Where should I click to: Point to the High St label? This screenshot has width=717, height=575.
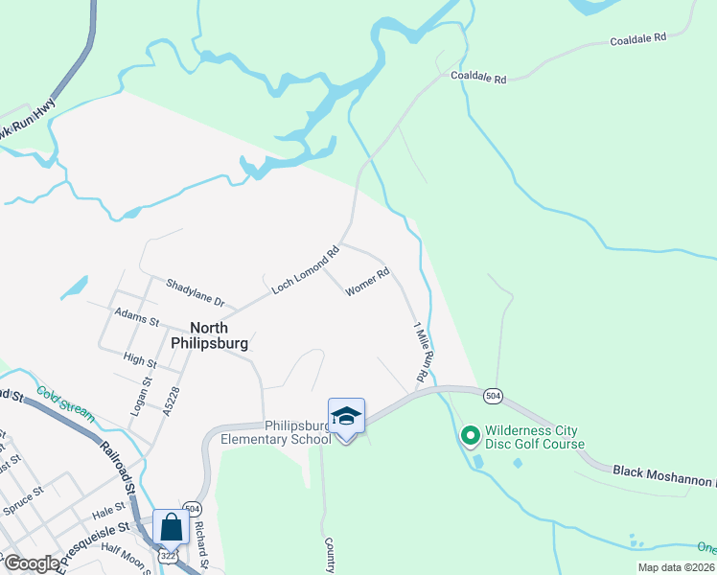pyautogui.click(x=140, y=360)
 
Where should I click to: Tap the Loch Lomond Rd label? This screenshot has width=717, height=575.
pyautogui.click(x=306, y=270)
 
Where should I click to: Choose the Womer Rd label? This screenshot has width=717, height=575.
pyautogui.click(x=367, y=283)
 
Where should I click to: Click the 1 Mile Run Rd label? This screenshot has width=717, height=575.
pyautogui.click(x=421, y=352)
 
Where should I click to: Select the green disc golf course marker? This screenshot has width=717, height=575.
pyautogui.click(x=470, y=436)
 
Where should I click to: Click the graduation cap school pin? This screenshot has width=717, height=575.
pyautogui.click(x=346, y=416)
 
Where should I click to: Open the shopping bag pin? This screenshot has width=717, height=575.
pyautogui.click(x=171, y=527)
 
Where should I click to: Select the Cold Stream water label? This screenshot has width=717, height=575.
pyautogui.click(x=66, y=404)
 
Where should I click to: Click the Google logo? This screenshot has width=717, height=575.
pyautogui.click(x=32, y=563)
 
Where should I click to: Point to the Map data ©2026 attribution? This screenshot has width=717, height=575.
pyautogui.click(x=676, y=567)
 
